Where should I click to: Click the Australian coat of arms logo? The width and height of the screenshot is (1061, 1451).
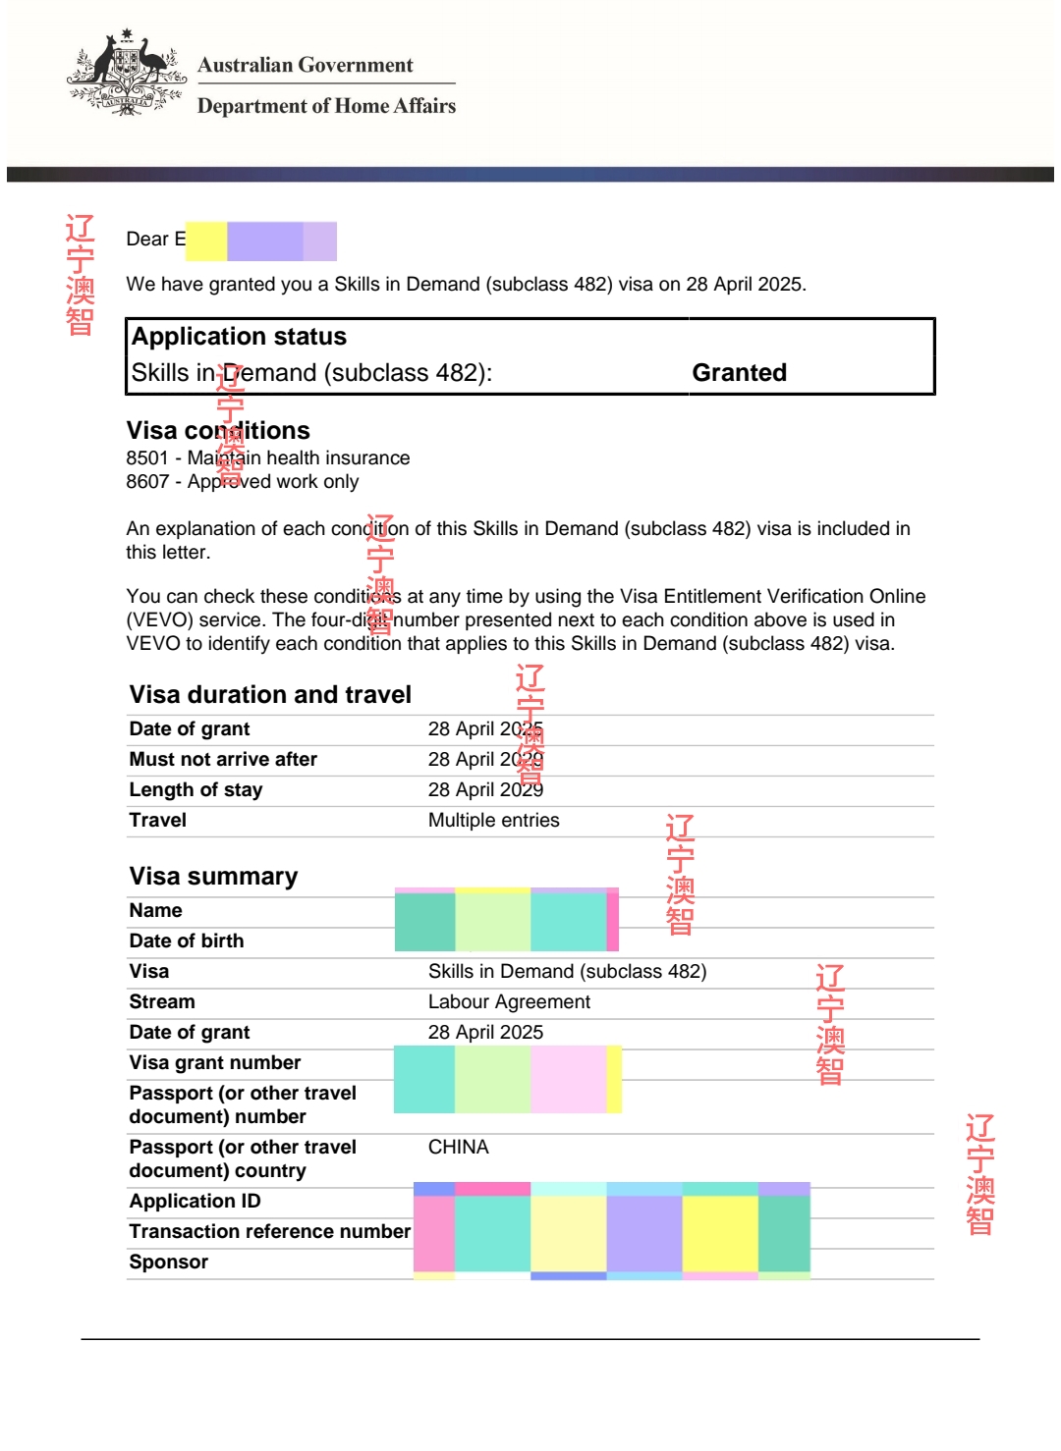126,74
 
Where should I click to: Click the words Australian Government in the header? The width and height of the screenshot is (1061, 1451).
305,65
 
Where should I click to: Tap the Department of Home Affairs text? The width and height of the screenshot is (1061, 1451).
326,106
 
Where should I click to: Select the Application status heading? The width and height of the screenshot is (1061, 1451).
239,337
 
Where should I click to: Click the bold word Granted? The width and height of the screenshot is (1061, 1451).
739,373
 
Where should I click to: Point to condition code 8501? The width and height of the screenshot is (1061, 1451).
147,458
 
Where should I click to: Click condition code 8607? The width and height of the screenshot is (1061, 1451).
147,482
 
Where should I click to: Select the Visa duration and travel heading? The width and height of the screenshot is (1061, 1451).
270,695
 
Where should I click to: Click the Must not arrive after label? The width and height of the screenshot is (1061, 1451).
223,760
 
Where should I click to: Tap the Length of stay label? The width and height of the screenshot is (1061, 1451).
195,790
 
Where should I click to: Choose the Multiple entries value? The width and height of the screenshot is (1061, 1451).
493,821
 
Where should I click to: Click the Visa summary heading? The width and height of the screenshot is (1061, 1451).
213,877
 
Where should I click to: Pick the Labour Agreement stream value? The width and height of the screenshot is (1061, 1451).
509,1002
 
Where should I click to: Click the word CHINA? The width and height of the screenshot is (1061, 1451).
458,1148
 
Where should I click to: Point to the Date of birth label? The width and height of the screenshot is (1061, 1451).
187,941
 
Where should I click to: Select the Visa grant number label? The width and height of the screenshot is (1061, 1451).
215,1063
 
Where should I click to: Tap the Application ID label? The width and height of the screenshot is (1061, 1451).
195,1202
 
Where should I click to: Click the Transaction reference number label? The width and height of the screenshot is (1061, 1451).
269,1232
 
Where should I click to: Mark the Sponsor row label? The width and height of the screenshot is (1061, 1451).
168,1263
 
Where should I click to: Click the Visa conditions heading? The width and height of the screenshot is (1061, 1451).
218,431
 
